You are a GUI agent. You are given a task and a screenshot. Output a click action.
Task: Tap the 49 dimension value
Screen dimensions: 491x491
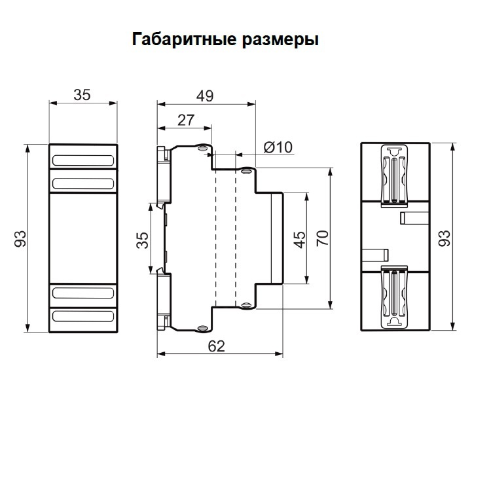[x=205, y=96]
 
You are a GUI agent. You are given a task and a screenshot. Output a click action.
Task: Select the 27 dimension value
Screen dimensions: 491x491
[x=186, y=120]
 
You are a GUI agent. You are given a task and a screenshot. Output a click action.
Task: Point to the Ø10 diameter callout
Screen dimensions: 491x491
[x=278, y=147]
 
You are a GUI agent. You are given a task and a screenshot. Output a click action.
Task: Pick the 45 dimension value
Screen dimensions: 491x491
[x=299, y=238]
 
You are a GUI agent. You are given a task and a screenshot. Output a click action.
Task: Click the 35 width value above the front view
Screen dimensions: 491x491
[x=82, y=96]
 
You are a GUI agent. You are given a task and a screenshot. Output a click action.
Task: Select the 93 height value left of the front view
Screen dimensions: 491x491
[x=20, y=238]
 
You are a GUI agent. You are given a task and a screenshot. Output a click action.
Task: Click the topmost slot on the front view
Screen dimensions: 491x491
[x=83, y=160]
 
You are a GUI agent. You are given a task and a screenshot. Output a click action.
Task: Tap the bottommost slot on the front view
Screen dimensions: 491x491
[x=83, y=316]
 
